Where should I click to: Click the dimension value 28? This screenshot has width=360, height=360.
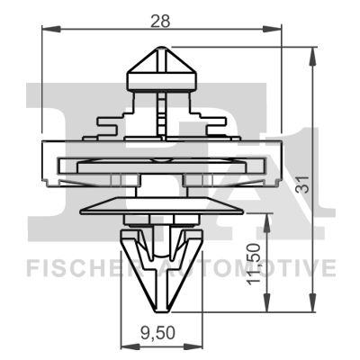[161, 19]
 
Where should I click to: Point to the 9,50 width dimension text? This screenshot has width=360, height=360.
[161, 333]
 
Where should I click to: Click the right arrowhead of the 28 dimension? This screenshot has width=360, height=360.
[277, 31]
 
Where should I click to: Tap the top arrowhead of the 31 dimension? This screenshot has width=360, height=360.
[311, 52]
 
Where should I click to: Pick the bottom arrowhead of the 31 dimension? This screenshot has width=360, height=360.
[311, 303]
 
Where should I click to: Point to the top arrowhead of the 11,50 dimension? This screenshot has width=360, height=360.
[266, 217]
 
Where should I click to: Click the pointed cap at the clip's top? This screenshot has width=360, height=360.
[162, 67]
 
